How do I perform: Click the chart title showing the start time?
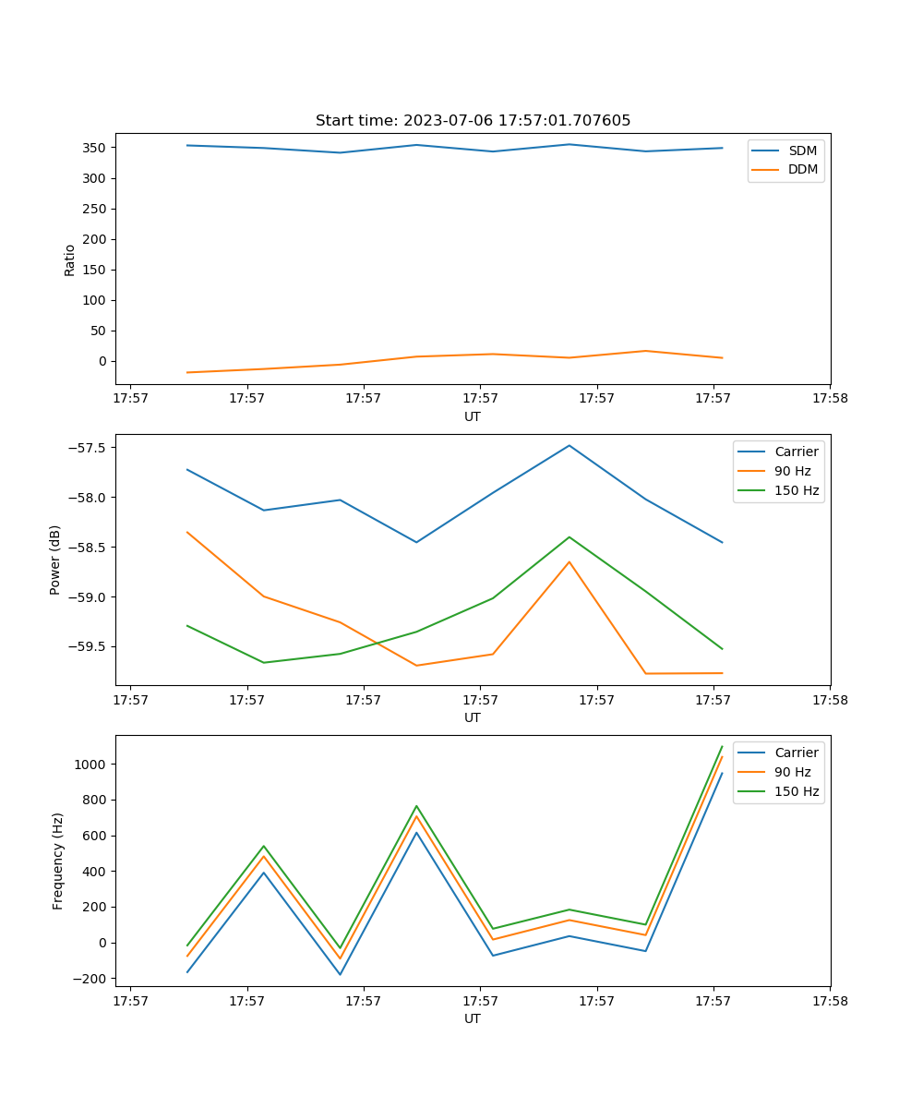point(473,121)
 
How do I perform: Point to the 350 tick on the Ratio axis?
point(95,148)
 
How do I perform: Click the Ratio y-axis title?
point(70,259)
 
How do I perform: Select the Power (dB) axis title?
point(56,560)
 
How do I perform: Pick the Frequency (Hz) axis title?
point(58,861)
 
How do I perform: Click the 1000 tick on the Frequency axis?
point(91,765)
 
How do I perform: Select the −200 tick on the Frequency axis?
point(91,979)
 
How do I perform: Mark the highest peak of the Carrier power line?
point(569,445)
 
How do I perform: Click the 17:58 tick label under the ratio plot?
point(829,399)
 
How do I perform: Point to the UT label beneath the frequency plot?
point(473,1018)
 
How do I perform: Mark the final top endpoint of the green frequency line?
point(722,746)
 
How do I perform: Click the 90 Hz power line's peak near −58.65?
point(569,561)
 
